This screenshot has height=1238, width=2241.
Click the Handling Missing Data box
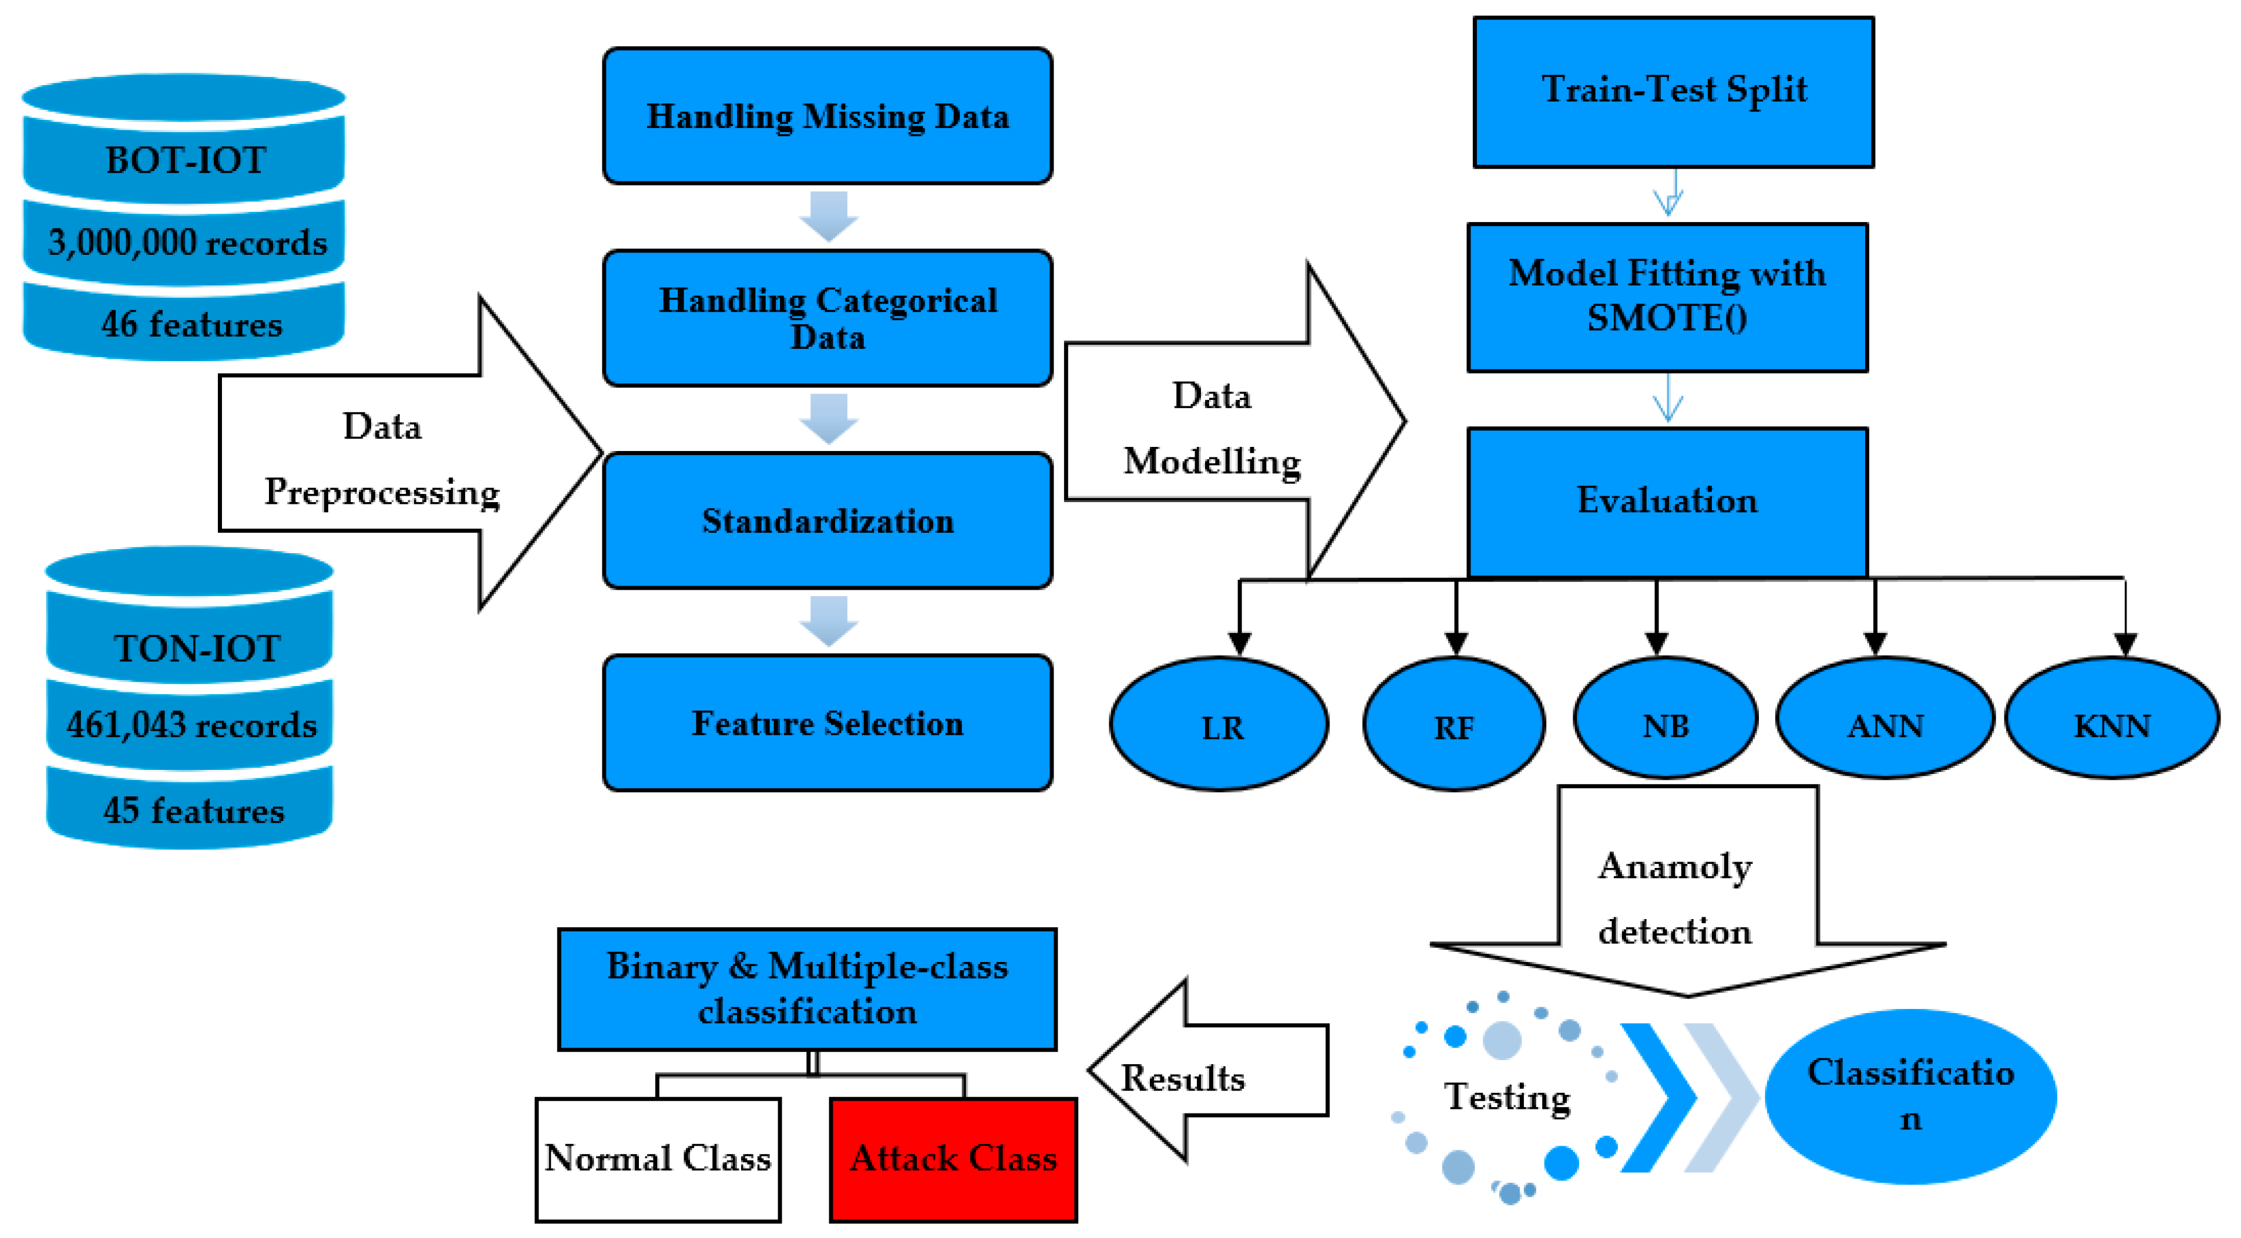[827, 116]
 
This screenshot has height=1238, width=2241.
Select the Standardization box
[827, 520]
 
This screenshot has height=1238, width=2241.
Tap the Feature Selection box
[827, 723]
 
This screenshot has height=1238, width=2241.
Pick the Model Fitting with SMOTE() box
[1667, 297]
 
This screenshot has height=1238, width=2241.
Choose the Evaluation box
[1667, 501]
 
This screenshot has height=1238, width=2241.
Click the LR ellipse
[1220, 724]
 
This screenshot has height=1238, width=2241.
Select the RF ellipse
[1453, 724]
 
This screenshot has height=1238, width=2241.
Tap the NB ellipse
[1665, 719]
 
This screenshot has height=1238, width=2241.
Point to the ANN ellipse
[1885, 719]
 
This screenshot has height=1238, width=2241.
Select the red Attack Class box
[954, 1159]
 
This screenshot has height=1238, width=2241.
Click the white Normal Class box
[658, 1159]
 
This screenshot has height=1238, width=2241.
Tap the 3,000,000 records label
[187, 243]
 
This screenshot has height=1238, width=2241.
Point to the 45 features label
[193, 810]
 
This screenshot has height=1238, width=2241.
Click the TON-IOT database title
[197, 648]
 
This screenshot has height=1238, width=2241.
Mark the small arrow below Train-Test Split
[1668, 193]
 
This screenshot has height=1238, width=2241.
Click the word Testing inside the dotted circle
[1507, 1096]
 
